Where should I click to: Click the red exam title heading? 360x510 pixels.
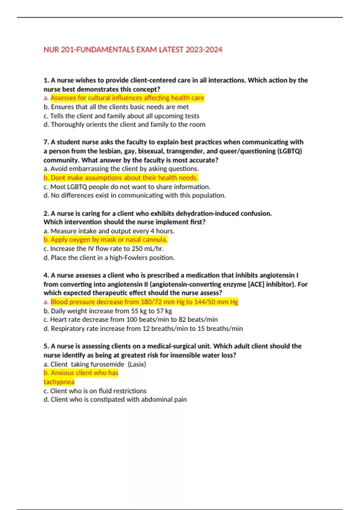(133, 49)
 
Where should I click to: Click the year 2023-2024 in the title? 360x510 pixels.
(204, 49)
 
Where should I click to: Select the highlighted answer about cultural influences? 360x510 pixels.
(127, 98)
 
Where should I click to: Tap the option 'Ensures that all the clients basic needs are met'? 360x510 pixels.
(119, 107)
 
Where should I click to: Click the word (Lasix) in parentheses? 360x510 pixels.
(137, 364)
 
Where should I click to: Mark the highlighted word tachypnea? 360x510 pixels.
(59, 382)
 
